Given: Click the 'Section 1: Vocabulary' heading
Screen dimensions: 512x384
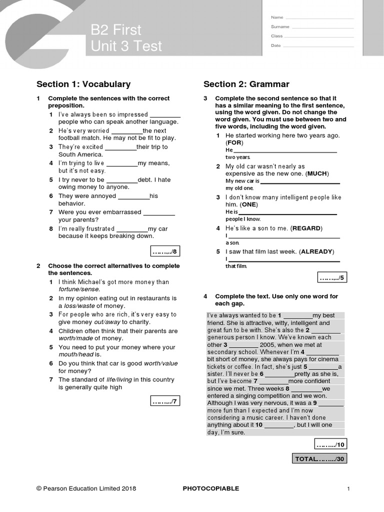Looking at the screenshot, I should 83,84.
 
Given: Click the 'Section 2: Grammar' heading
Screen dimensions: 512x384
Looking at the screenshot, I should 246,84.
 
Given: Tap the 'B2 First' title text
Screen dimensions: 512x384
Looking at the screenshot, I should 116,30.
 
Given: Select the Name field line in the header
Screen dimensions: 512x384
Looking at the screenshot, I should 319,18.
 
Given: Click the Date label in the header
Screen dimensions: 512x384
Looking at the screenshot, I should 275,45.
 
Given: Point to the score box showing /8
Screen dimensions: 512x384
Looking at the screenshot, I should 164,251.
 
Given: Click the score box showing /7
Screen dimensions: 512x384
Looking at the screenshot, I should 164,401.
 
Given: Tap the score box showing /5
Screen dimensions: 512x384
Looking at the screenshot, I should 332,277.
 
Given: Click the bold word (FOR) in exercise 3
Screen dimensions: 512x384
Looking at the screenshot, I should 234,142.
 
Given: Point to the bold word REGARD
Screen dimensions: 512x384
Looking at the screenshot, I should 306,228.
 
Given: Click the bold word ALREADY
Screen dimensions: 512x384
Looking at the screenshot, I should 316,251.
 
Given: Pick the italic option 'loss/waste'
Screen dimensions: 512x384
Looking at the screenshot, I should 79,305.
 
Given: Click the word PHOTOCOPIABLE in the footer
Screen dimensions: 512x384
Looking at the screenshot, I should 211,488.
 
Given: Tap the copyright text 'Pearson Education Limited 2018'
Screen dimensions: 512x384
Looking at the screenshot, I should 89,488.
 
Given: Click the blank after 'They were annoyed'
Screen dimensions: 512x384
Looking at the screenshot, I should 133,196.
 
